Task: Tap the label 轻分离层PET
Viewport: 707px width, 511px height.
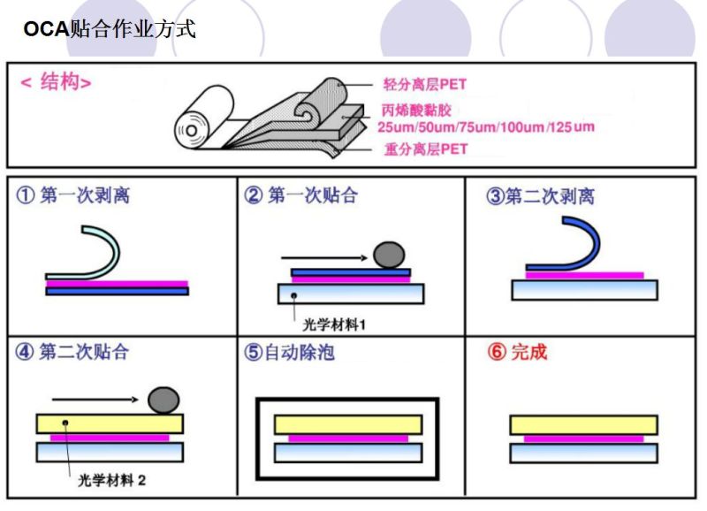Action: pyautogui.click(x=424, y=85)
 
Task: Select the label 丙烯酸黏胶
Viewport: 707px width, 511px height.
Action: pyautogui.click(x=413, y=110)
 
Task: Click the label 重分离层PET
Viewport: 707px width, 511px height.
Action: pyautogui.click(x=425, y=149)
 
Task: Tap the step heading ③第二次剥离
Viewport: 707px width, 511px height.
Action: pyautogui.click(x=540, y=196)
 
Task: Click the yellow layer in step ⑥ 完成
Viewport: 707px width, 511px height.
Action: pyautogui.click(x=582, y=424)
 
